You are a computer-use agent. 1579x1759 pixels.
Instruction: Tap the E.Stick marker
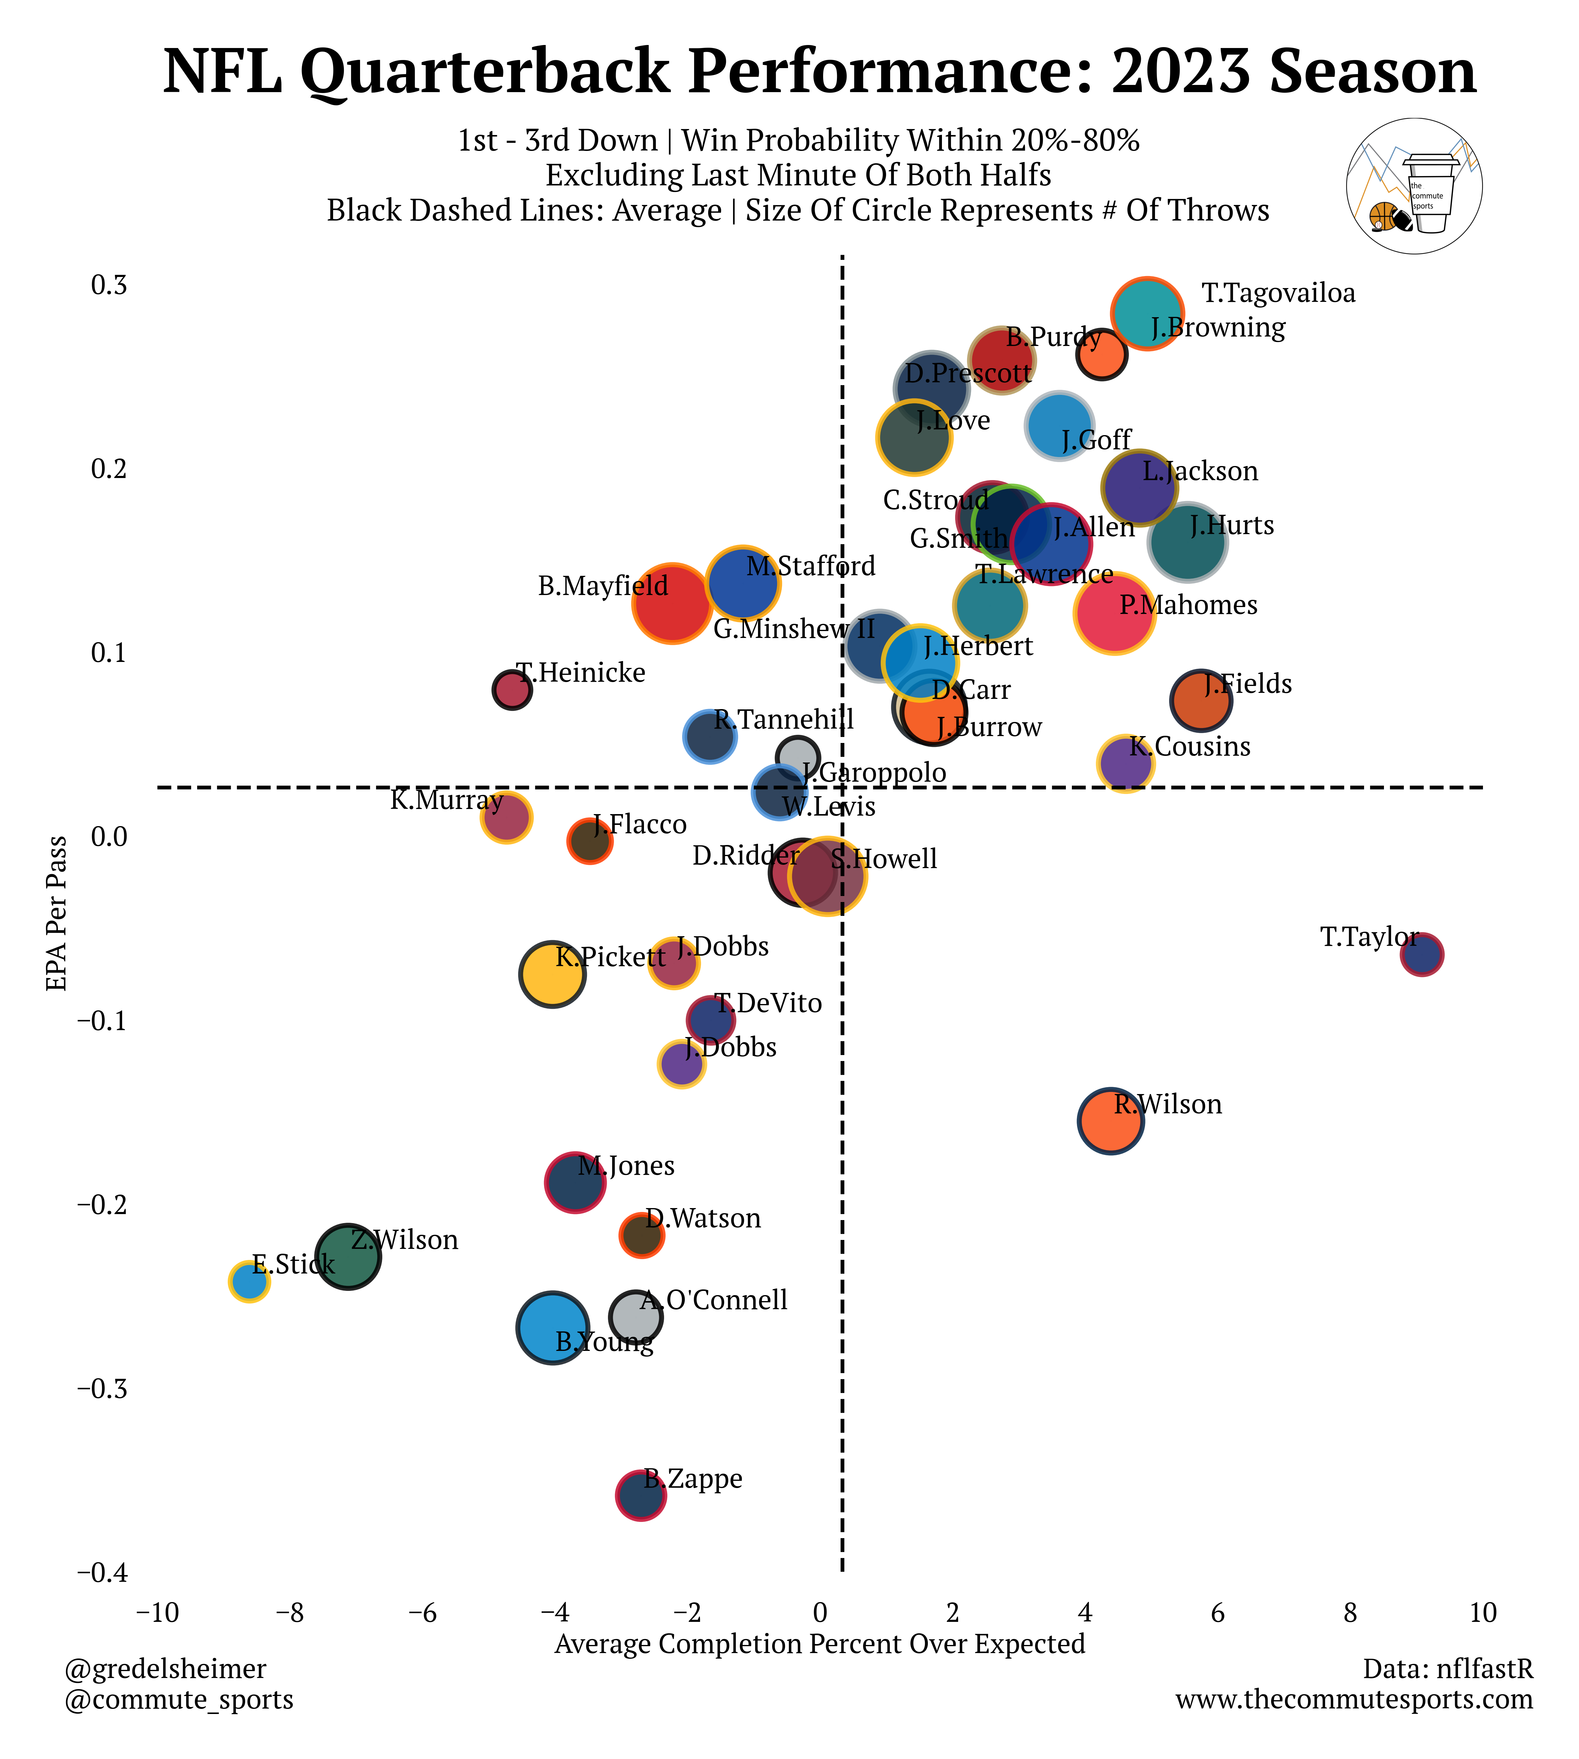[250, 1281]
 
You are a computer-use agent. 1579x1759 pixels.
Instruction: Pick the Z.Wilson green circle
[348, 1257]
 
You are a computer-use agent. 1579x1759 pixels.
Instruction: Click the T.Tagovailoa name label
[1278, 293]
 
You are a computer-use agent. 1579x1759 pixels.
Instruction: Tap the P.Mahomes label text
[1188, 605]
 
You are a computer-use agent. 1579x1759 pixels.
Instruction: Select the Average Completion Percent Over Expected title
[819, 1644]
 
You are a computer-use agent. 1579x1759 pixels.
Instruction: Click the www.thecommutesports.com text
[1353, 1698]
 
